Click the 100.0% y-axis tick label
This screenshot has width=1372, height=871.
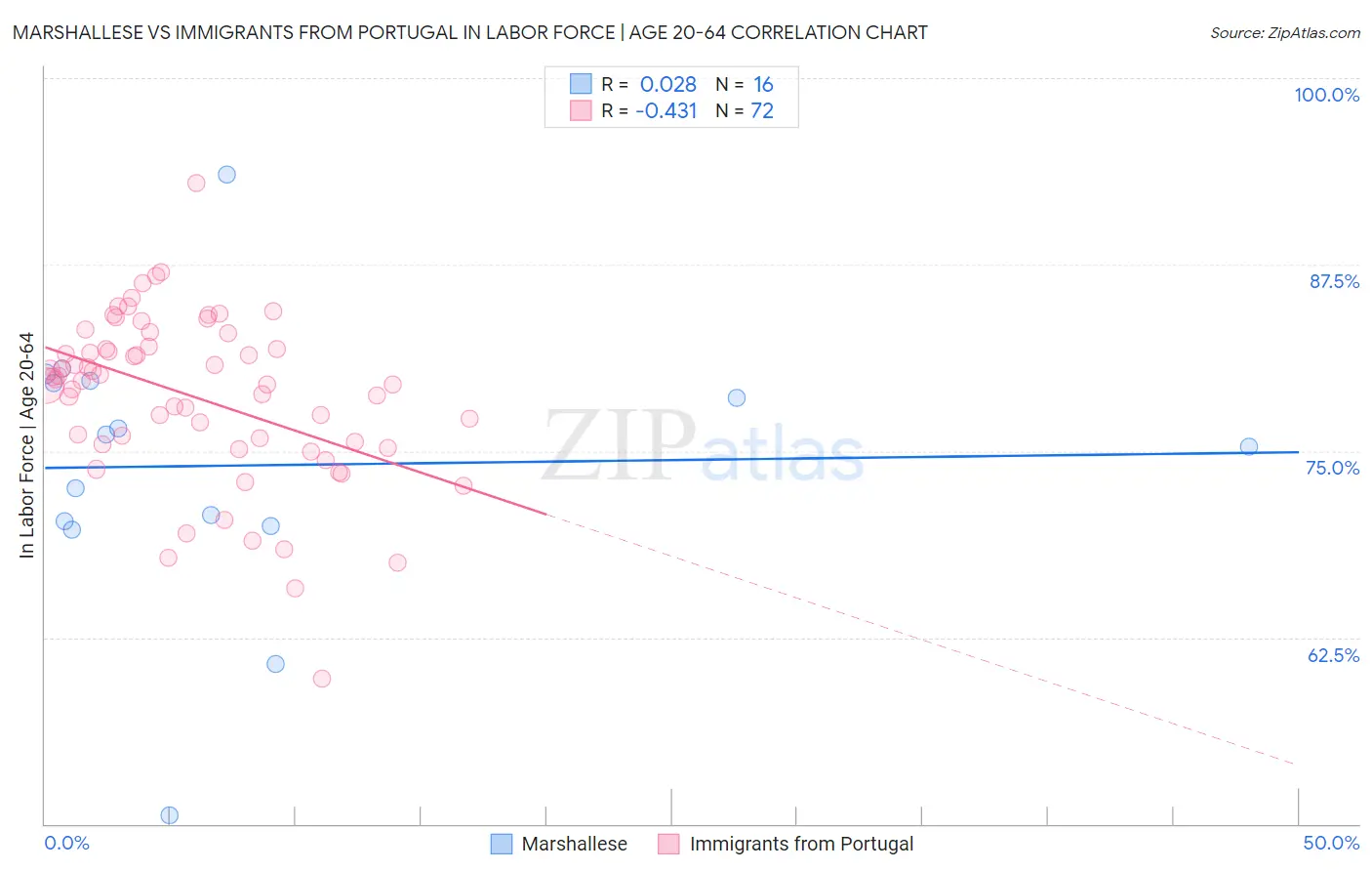click(1326, 95)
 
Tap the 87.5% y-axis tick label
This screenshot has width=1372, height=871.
click(1333, 281)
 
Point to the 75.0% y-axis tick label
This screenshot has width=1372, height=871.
click(1332, 468)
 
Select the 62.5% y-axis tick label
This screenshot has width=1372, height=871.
click(1333, 655)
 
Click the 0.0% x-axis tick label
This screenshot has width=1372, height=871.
click(66, 843)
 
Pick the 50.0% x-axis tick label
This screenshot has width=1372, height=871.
click(1331, 843)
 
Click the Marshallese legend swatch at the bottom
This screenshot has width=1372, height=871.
click(501, 844)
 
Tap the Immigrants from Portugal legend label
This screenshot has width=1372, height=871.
click(801, 844)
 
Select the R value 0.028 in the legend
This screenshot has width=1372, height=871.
click(667, 85)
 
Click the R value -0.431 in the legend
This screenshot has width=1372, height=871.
click(666, 111)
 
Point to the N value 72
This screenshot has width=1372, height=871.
click(761, 111)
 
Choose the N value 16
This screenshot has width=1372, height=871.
click(762, 85)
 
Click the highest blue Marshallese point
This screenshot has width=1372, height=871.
click(226, 175)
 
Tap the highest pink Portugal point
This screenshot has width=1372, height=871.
click(196, 183)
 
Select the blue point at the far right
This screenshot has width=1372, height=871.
click(1248, 447)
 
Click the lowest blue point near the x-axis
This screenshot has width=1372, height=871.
click(169, 815)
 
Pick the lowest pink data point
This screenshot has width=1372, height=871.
click(321, 679)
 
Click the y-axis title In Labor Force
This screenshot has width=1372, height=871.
click(26, 445)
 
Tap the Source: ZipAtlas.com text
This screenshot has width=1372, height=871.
click(1284, 33)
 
